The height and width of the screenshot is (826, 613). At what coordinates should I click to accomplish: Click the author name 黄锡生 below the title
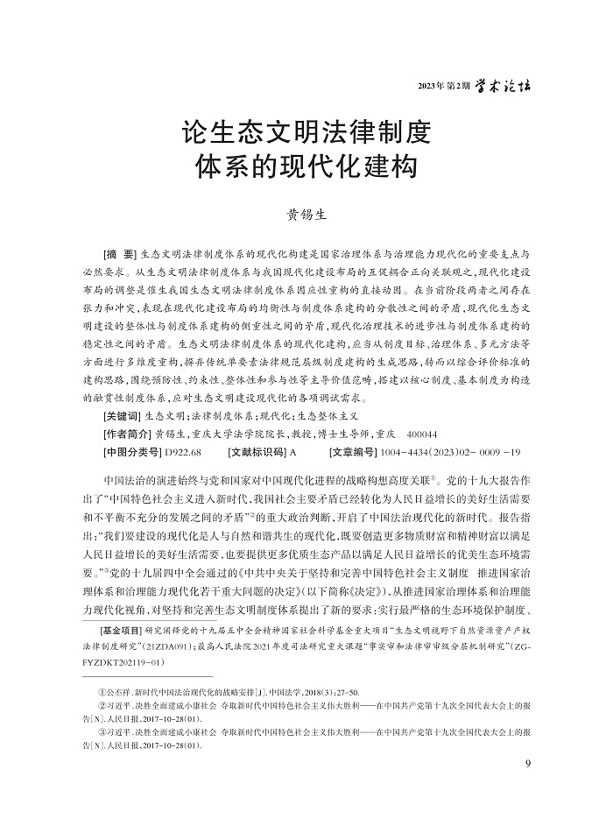[306, 213]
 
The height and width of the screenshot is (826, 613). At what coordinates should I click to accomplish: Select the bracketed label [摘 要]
[121, 250]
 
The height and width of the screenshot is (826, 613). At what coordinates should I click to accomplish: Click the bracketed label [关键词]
[121, 415]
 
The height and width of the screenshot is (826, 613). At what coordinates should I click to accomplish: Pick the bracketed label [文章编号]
[352, 452]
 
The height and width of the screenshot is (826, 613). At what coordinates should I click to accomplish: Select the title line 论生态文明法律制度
[306, 134]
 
